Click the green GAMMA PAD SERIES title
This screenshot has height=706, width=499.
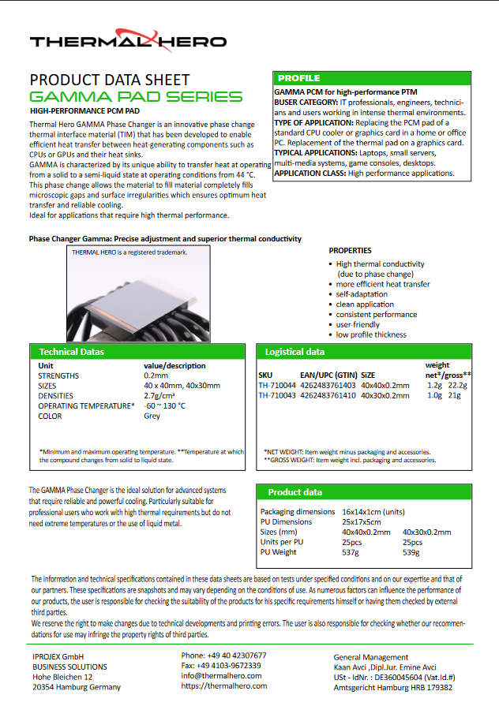136,97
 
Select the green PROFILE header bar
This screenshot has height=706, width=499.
373,78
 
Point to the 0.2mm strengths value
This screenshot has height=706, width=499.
156,375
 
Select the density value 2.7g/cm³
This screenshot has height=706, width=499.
160,396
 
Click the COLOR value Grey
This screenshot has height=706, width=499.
152,416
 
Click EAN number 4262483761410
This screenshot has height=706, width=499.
327,395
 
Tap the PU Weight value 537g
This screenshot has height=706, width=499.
351,552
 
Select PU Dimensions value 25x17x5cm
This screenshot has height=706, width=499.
362,521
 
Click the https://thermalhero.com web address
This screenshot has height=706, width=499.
223,686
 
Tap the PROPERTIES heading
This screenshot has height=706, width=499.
350,250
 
